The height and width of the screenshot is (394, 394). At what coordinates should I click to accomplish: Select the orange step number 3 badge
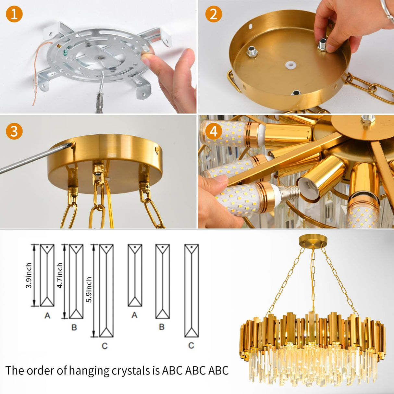point(14,131)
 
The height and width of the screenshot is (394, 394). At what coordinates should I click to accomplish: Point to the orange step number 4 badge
point(214,131)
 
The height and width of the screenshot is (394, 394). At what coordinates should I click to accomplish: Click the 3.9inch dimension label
point(29,275)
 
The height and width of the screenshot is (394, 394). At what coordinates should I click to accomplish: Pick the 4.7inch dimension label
point(60,275)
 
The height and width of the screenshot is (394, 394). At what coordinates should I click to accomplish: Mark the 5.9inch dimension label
point(89,289)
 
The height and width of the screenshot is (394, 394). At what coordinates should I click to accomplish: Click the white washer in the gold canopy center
point(290,65)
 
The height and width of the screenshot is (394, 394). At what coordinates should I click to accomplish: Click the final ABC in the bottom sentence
point(218,370)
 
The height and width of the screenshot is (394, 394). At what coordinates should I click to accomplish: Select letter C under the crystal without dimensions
point(191,345)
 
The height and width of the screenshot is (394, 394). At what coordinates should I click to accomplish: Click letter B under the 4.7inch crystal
point(74,327)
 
